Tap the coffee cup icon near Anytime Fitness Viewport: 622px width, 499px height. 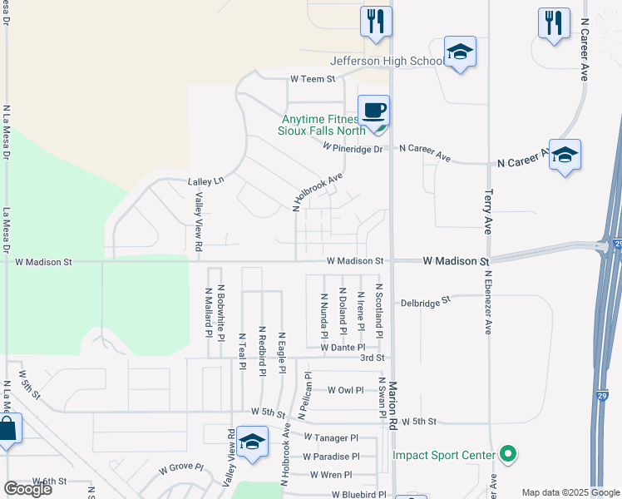click(x=373, y=110)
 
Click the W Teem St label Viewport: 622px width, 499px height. click(x=312, y=79)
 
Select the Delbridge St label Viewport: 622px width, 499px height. click(x=424, y=300)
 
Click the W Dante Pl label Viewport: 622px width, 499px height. click(x=343, y=348)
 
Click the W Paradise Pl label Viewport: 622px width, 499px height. click(x=331, y=457)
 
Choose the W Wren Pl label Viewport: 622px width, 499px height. click(x=331, y=475)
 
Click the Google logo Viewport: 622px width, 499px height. click(x=27, y=489)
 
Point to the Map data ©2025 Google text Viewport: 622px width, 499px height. click(x=570, y=492)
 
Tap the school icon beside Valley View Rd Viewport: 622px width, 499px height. click(x=251, y=442)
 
